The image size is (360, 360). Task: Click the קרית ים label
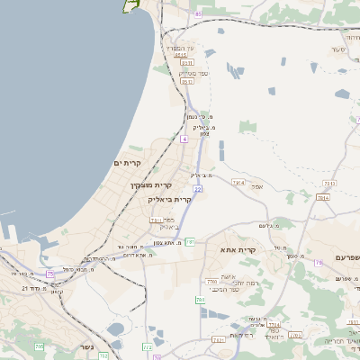[130, 163]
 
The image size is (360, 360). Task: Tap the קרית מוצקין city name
[141, 184]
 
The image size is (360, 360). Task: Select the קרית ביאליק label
[169, 200]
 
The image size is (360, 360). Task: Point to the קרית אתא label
[238, 251]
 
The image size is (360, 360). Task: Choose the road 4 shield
[184, 139]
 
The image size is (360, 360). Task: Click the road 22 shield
[197, 189]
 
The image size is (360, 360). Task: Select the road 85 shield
[197, 14]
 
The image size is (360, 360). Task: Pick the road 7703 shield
[212, 282]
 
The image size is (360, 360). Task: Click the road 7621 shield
[218, 339]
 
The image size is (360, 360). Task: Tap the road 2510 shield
[181, 56]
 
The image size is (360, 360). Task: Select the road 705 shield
[39, 346]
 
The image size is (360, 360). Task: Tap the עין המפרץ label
[193, 47]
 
